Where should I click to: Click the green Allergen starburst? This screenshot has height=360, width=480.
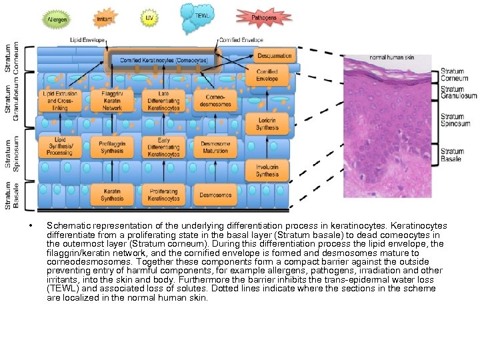click(56, 19)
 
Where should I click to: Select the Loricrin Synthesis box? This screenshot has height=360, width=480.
click(267, 123)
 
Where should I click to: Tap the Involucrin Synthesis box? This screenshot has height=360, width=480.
click(267, 169)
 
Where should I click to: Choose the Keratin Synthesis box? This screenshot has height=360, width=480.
click(112, 194)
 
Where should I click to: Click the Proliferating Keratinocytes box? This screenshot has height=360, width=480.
click(163, 194)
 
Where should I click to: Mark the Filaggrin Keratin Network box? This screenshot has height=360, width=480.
click(112, 101)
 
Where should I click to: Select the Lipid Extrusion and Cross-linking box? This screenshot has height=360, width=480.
click(60, 101)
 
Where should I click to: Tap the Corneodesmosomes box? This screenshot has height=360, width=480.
click(215, 101)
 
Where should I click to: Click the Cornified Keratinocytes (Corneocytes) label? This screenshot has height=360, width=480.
click(163, 60)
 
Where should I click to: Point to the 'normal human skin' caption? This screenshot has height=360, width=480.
click(392, 57)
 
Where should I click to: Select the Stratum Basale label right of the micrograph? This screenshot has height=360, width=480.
click(452, 155)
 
